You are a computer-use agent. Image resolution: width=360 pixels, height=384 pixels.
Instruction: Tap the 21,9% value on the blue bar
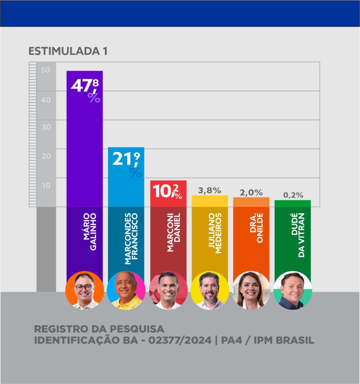(126, 163)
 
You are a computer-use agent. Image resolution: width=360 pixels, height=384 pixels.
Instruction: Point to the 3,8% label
(209, 190)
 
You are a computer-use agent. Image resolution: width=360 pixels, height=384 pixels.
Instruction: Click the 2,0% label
(251, 192)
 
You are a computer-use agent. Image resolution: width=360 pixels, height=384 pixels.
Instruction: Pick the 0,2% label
(293, 195)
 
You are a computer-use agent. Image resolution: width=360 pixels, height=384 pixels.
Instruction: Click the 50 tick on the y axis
(46, 70)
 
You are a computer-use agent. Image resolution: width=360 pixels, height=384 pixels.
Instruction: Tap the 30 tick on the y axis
(46, 127)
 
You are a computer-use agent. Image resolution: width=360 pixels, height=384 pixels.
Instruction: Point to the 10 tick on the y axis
(46, 185)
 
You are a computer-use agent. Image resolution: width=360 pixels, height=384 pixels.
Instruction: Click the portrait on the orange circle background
(85, 291)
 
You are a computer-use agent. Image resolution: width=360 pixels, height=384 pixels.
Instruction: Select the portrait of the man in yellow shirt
(126, 291)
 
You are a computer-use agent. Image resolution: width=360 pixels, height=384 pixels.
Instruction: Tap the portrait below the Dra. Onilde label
(252, 291)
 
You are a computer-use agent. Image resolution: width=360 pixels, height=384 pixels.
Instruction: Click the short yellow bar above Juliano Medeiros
(210, 201)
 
